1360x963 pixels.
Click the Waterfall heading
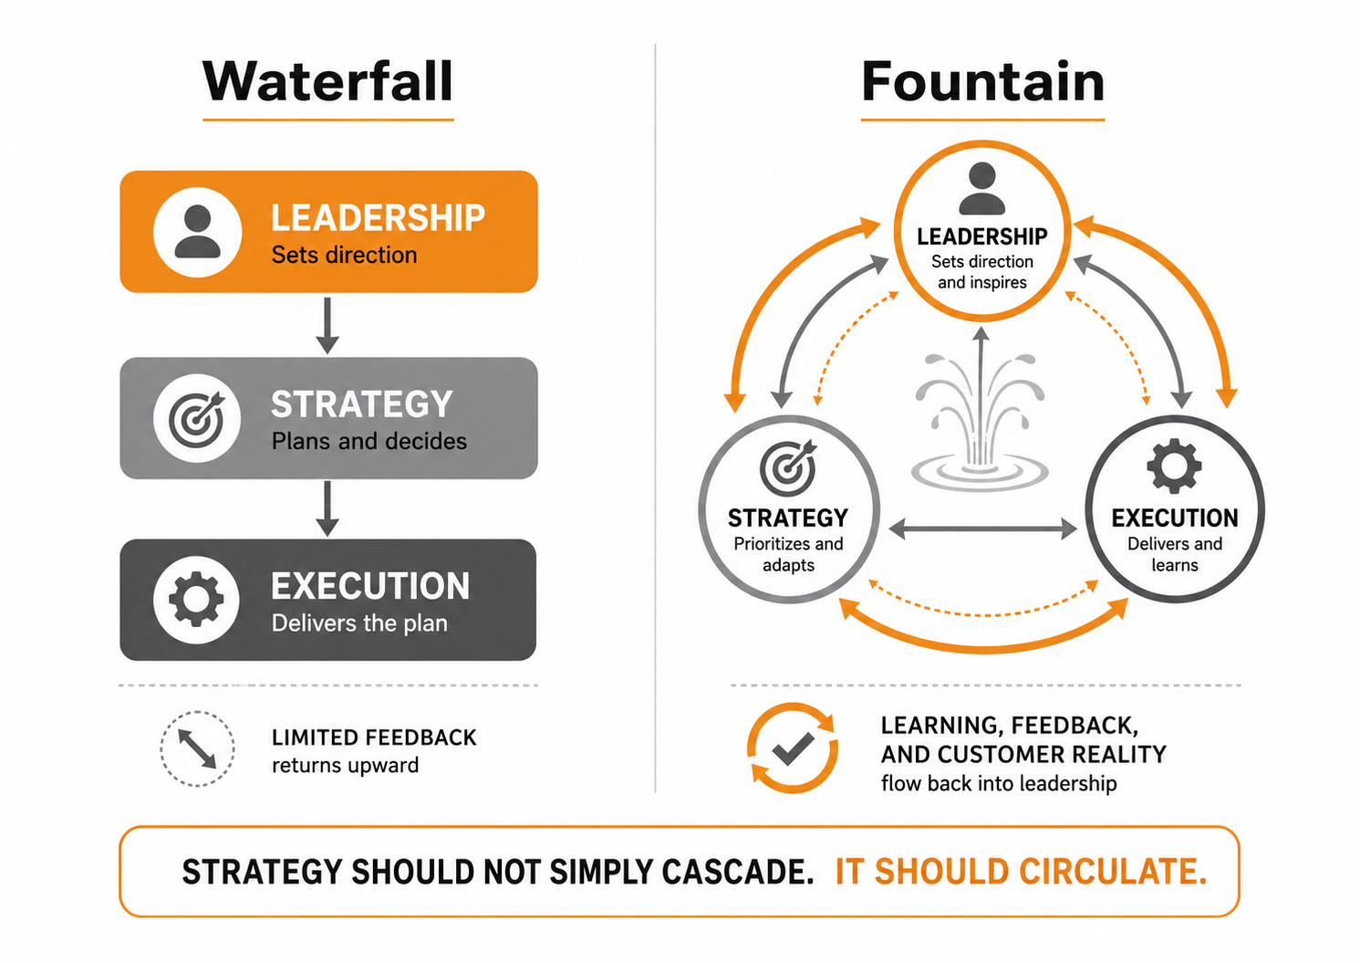[327, 81]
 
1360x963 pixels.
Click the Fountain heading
[983, 81]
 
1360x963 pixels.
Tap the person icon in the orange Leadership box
[197, 232]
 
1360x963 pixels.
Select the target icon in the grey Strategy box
[196, 419]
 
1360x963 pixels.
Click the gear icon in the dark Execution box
[196, 599]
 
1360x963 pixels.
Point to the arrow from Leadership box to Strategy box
[327, 326]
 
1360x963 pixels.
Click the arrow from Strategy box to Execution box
[327, 508]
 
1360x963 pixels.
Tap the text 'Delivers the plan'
[359, 623]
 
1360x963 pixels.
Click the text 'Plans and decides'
[369, 441]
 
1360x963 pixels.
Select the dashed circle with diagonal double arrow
[197, 748]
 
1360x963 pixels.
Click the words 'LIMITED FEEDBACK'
[374, 738]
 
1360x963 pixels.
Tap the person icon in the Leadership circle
[981, 188]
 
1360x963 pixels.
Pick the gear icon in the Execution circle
[1174, 466]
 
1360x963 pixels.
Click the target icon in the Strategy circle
[788, 468]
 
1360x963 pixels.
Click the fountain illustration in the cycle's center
[979, 423]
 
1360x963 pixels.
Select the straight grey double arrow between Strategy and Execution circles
[982, 529]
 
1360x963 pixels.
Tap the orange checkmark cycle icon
[793, 748]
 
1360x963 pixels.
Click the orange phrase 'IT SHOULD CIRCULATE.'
[1022, 872]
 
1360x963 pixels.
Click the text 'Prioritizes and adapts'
[788, 554]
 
